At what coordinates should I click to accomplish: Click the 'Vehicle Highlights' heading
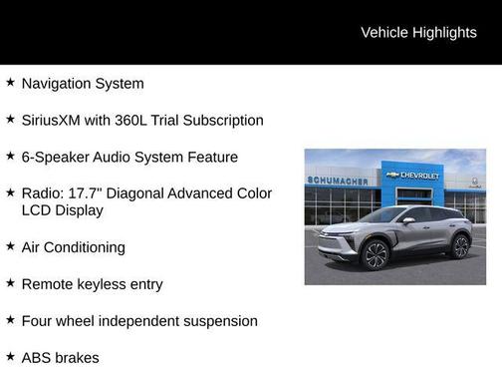[418, 32]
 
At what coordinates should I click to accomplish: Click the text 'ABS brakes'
[60, 357]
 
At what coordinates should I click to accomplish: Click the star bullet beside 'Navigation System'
[10, 83]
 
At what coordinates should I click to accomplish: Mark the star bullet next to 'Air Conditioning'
[10, 246]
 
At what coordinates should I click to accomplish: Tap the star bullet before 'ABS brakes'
[10, 356]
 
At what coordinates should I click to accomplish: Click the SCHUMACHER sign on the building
[338, 182]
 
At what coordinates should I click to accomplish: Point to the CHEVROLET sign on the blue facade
[419, 176]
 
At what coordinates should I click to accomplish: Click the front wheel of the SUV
[376, 254]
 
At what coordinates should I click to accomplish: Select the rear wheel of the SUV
[460, 245]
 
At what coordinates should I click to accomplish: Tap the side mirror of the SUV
[408, 220]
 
